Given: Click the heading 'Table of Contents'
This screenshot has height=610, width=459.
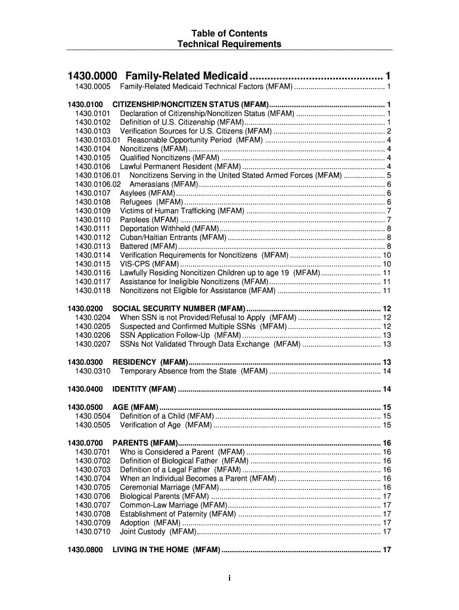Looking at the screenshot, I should pyautogui.click(x=229, y=33).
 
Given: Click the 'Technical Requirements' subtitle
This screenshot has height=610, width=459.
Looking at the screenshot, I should pyautogui.click(x=229, y=44).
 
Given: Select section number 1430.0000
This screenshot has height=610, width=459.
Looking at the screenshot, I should pyautogui.click(x=92, y=76).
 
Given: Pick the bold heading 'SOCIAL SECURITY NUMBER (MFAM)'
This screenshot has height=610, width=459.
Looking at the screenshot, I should pyautogui.click(x=179, y=309).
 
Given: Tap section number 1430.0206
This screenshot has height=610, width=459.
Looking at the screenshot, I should pyautogui.click(x=93, y=335).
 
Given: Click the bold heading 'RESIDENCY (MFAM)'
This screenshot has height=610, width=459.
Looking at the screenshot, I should pyautogui.click(x=150, y=362).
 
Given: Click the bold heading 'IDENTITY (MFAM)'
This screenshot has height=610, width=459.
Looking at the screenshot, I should pyautogui.click(x=144, y=389).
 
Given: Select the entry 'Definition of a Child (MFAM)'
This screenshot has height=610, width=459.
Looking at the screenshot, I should pyautogui.click(x=166, y=416).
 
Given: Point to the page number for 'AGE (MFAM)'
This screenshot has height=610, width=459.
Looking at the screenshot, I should pyautogui.click(x=386, y=407).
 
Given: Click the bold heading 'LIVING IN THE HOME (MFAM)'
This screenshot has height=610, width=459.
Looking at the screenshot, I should pyautogui.click(x=166, y=549).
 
